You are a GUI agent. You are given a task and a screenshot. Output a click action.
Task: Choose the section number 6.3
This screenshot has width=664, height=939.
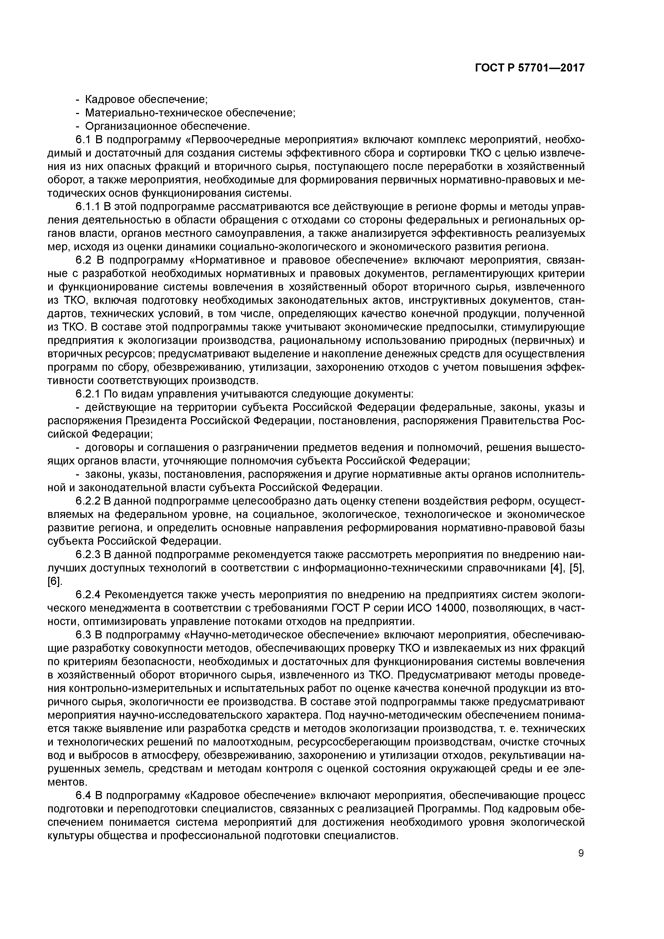click(83, 635)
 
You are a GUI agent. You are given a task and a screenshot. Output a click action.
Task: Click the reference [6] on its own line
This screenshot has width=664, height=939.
click(54, 582)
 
